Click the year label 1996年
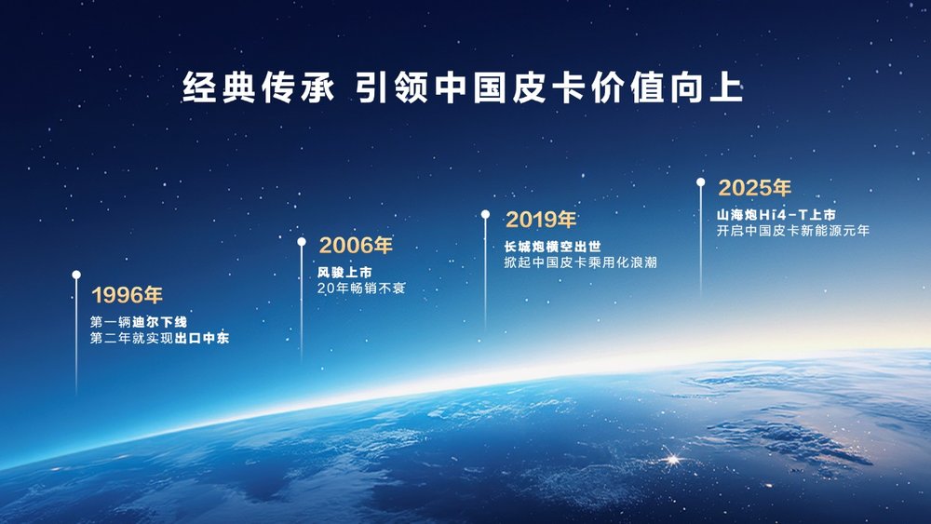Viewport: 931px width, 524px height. (127, 295)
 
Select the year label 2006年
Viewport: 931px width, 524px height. (356, 245)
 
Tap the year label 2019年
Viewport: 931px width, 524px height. (541, 220)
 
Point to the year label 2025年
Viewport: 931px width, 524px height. (755, 188)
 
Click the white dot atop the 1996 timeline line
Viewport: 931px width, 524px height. (76, 275)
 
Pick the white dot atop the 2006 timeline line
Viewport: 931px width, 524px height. (302, 242)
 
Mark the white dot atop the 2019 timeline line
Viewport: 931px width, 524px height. (486, 214)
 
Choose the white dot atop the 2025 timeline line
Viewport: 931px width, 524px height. (701, 182)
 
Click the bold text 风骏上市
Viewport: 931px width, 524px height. (344, 273)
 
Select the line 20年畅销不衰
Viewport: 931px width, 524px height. (361, 289)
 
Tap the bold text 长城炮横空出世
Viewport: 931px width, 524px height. (553, 247)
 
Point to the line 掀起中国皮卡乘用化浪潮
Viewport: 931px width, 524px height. (581, 262)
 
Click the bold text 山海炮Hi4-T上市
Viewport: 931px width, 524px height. (776, 215)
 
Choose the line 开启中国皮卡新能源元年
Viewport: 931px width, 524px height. (792, 231)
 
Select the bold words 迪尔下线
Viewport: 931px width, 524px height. (160, 322)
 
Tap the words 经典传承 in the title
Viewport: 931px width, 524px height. (258, 87)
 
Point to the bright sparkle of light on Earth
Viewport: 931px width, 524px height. (673, 459)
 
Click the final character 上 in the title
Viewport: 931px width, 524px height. (726, 87)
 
